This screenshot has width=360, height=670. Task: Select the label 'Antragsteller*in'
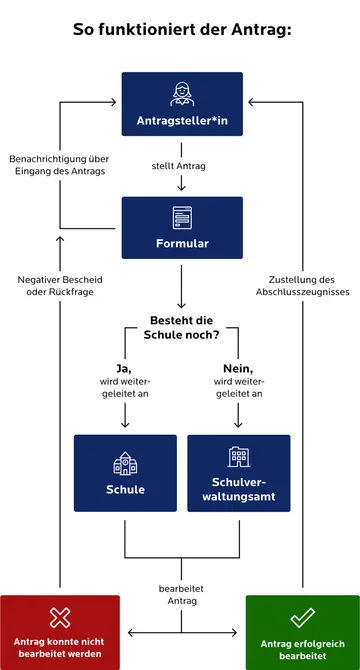(181, 123)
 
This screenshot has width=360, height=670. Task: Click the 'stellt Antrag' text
(181, 164)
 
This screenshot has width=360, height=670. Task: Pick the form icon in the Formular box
(181, 216)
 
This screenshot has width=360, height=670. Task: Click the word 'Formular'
(181, 243)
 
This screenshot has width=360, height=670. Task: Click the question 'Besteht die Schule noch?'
(181, 327)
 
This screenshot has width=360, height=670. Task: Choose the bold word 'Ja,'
(124, 368)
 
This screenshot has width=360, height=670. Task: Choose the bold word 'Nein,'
(238, 368)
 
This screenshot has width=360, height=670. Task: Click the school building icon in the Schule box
(125, 462)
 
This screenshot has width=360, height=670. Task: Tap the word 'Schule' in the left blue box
(125, 490)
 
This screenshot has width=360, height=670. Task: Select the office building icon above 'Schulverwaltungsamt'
(238, 456)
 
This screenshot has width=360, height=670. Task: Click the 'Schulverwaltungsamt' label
(238, 489)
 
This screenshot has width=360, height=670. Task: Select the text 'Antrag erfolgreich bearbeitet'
(302, 650)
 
